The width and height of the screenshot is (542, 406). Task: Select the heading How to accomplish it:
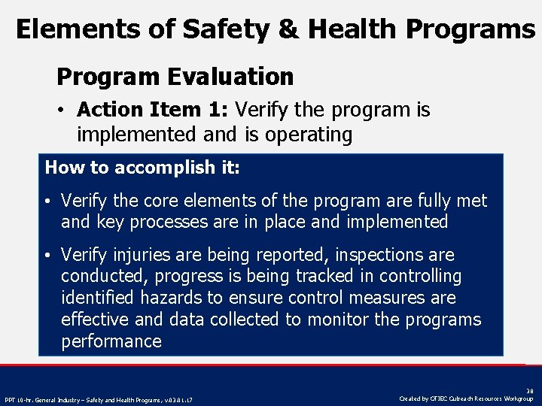click(x=142, y=168)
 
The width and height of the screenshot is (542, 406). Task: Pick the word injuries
click(x=138, y=255)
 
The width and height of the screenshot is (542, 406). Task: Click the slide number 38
click(x=528, y=391)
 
